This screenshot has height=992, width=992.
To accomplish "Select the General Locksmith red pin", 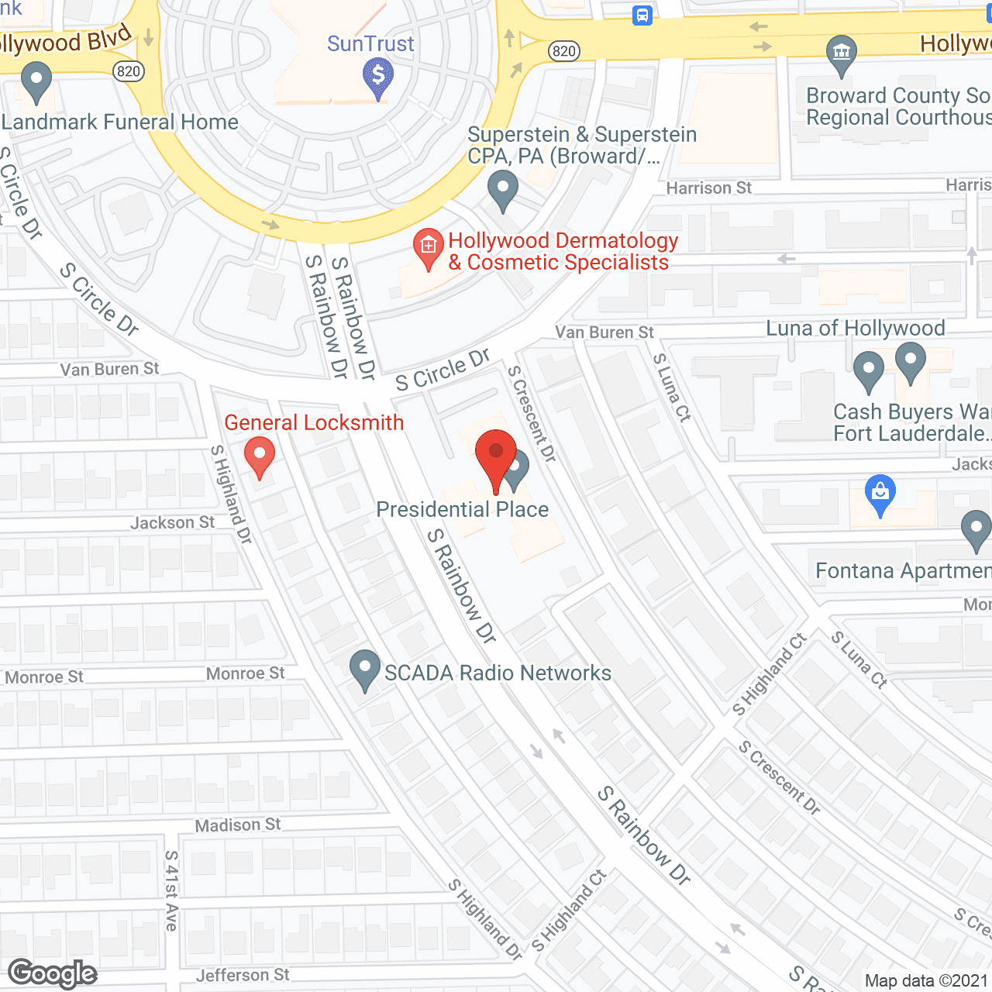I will pyautogui.click(x=260, y=456).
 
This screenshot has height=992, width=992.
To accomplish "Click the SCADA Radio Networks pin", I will pyautogui.click(x=365, y=669).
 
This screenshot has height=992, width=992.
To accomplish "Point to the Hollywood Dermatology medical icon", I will pyautogui.click(x=428, y=246).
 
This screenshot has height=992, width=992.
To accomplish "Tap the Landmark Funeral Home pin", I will pyautogui.click(x=36, y=81).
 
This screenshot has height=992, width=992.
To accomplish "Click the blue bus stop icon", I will pyautogui.click(x=642, y=15).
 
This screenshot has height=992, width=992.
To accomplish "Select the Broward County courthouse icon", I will pyautogui.click(x=841, y=53).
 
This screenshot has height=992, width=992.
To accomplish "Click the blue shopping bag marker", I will pyautogui.click(x=880, y=494).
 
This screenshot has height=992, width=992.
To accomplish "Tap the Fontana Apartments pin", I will pyautogui.click(x=976, y=530).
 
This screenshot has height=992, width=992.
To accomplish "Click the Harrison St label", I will pyautogui.click(x=709, y=188).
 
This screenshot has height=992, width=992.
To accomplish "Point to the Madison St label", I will pyautogui.click(x=238, y=825).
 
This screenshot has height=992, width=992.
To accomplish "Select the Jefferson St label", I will pyautogui.click(x=243, y=975).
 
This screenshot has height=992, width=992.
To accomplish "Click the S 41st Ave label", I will pyautogui.click(x=171, y=890).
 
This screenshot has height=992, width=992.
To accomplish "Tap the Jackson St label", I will pyautogui.click(x=173, y=523).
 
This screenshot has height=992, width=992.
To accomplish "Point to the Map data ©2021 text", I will pyautogui.click(x=926, y=981).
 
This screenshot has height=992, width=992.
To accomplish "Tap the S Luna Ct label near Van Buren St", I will pyautogui.click(x=671, y=387).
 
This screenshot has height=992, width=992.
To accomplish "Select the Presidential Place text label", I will pyautogui.click(x=463, y=509).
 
